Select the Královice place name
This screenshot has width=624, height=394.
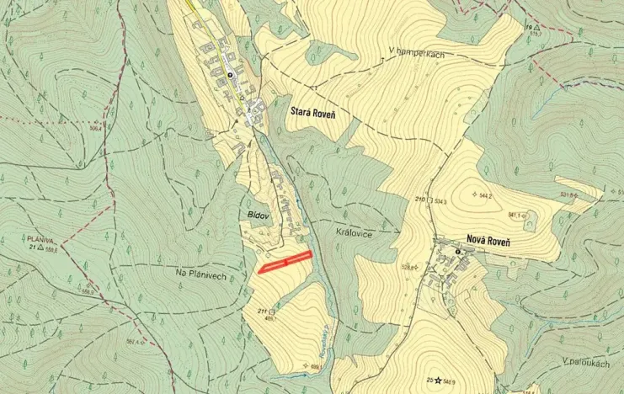(x=353, y=233)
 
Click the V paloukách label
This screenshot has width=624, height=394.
(x=585, y=360)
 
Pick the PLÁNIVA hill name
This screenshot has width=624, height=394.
(x=40, y=239)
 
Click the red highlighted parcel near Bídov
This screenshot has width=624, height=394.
(x=285, y=262)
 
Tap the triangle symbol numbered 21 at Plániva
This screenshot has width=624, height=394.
(x=40, y=248)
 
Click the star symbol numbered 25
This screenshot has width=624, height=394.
(x=439, y=381)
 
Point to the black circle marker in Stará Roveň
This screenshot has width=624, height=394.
(x=229, y=75)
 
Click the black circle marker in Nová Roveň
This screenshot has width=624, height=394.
(x=457, y=251)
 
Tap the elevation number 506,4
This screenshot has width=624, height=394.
(x=95, y=128)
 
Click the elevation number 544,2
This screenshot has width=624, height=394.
(x=485, y=195)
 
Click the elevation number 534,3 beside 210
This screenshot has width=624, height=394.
(x=440, y=202)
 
